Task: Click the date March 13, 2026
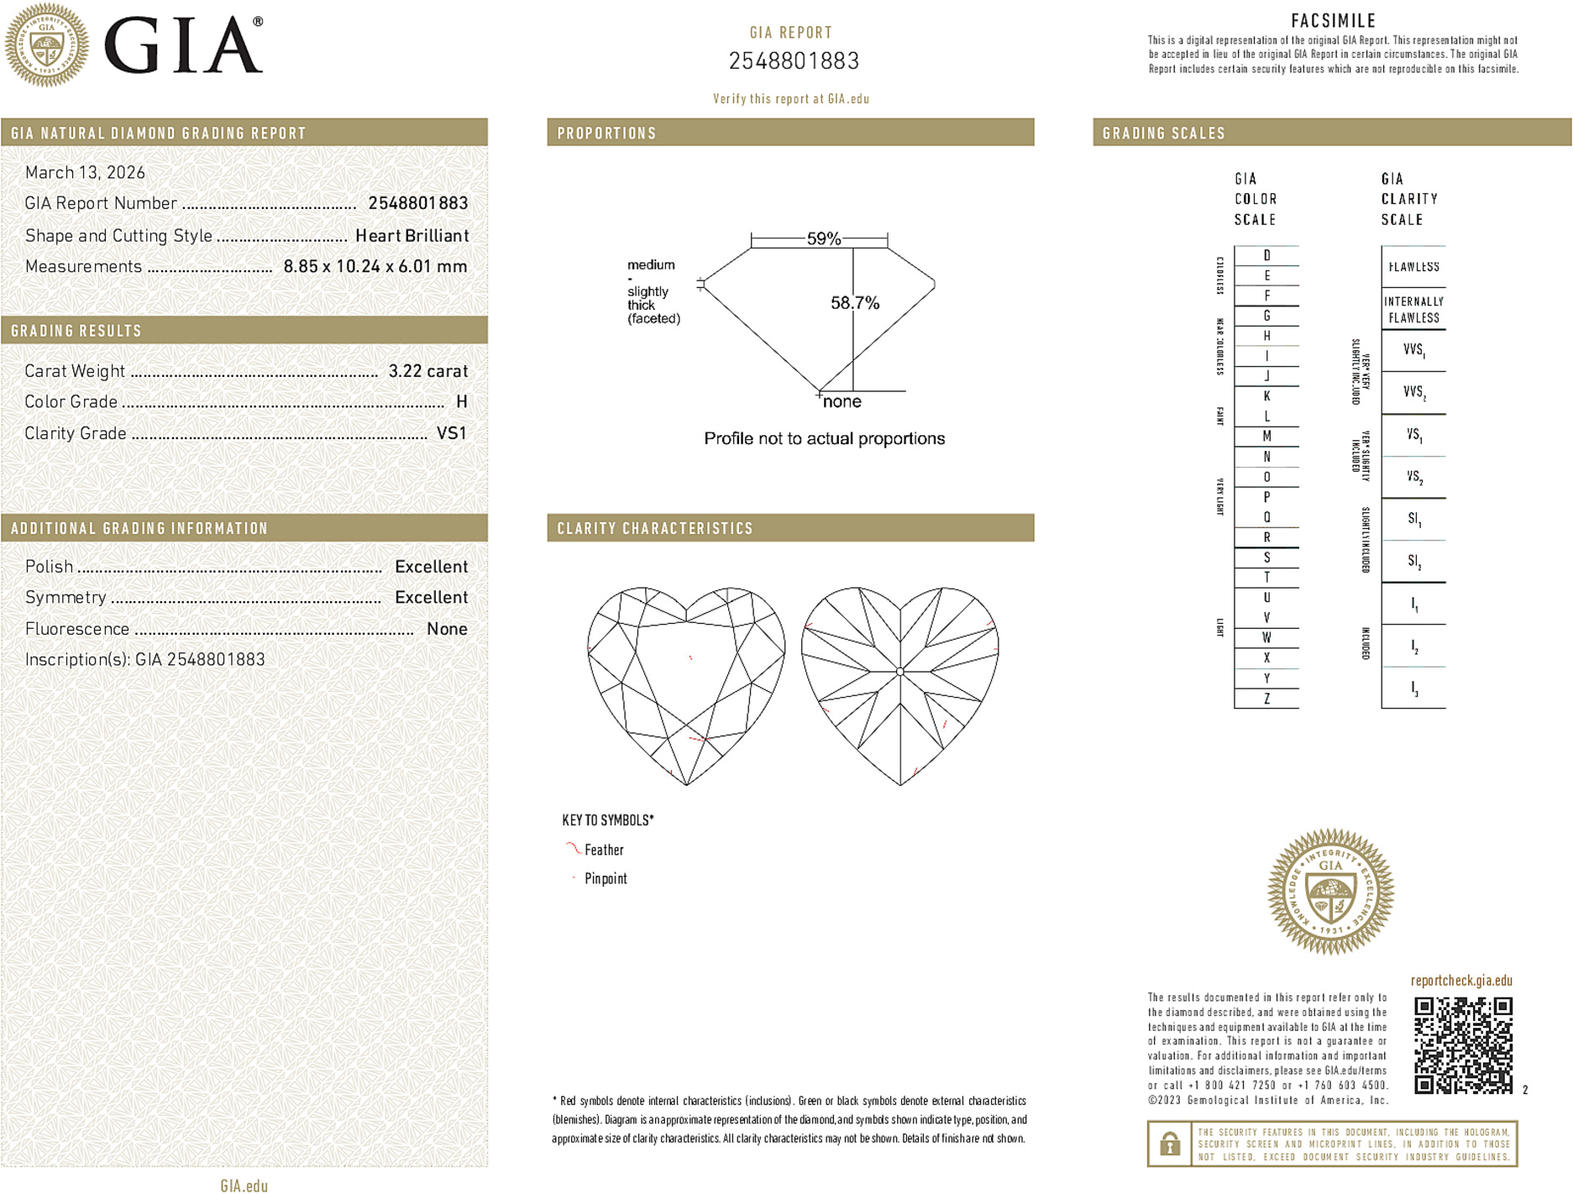(x=85, y=173)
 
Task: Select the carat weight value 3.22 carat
(x=427, y=371)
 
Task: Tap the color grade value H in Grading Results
(x=461, y=402)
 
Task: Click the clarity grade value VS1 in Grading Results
(x=451, y=433)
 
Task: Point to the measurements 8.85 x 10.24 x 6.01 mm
(x=375, y=267)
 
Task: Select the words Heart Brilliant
(x=412, y=236)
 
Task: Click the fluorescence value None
(x=447, y=629)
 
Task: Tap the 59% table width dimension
(x=823, y=238)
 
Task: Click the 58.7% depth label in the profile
(x=855, y=303)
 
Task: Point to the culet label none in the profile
(x=842, y=402)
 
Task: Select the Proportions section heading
(x=606, y=134)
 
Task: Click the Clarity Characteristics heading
(x=655, y=528)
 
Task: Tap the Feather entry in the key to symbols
(x=604, y=850)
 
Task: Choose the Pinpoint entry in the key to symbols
(x=606, y=878)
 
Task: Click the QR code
(x=1463, y=1045)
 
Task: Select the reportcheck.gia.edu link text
(x=1461, y=981)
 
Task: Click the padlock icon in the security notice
(x=1169, y=1144)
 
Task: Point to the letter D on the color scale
(x=1266, y=255)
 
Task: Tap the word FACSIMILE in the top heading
(x=1333, y=21)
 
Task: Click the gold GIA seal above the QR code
(x=1330, y=892)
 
